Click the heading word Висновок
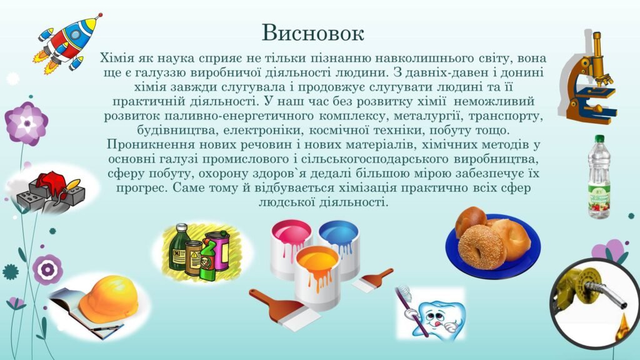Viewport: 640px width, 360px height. point(312,32)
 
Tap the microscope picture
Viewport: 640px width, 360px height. point(587,77)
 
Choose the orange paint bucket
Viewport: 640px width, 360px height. point(317,278)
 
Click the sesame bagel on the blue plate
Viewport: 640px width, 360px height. point(482,247)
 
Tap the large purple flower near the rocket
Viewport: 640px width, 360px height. point(27,123)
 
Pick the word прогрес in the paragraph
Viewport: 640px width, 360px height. point(141,189)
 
